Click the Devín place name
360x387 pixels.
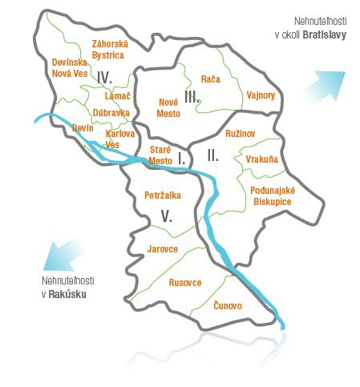(x=83, y=127)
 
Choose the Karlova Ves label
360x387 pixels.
(x=119, y=139)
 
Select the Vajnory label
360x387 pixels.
(x=261, y=95)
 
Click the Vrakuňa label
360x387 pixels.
(x=262, y=159)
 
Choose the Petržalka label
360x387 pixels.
(x=163, y=195)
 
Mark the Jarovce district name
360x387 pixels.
(x=163, y=249)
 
